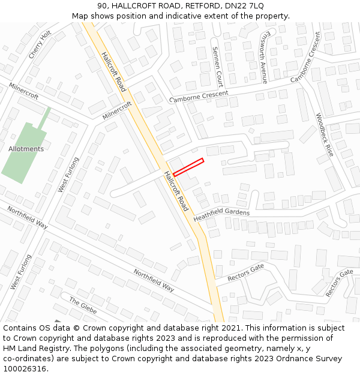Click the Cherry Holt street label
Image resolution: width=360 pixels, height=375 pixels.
[40, 45]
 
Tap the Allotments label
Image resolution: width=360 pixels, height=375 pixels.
[26, 149]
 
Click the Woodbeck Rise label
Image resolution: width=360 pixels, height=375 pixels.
[325, 134]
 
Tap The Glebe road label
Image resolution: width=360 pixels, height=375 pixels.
[83, 305]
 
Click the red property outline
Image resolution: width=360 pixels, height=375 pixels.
[188, 167]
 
